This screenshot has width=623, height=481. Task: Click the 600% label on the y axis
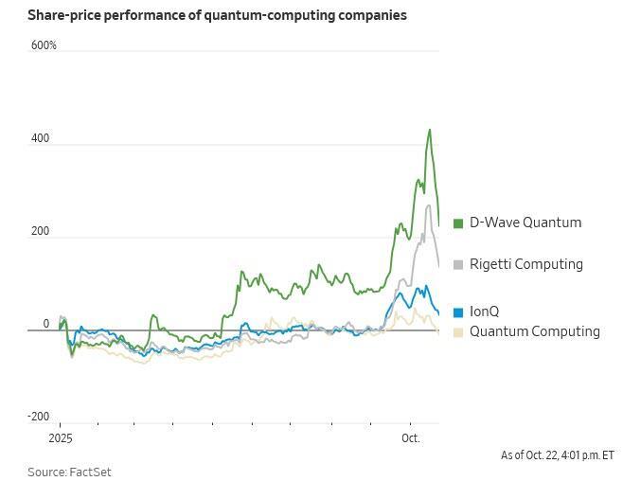44,45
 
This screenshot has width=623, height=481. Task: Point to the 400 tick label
40,139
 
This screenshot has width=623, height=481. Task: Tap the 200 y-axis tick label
40,231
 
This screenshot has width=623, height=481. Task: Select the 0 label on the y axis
45,324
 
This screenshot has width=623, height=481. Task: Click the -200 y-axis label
39,417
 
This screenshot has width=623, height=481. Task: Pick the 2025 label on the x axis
60,438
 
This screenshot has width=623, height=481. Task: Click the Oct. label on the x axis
410,438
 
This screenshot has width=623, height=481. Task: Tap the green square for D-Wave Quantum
459,223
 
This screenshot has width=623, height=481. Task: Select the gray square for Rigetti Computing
459,265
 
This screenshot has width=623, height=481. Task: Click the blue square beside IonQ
459,312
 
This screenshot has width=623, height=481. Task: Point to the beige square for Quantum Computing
459,332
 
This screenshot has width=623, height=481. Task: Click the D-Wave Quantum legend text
525,223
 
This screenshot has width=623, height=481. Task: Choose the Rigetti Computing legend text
526,264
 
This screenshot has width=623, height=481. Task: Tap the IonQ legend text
484,312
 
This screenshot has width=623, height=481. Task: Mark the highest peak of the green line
430,130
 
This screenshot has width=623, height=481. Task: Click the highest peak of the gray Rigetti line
429,205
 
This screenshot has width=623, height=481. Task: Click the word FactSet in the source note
90,472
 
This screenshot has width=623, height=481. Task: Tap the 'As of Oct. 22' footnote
557,455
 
